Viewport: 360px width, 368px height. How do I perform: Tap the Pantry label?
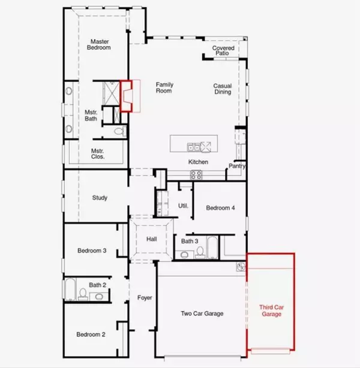pyautogui.click(x=235, y=166)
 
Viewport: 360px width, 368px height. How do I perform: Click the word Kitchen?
pyautogui.click(x=198, y=162)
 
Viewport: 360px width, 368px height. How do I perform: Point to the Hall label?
pyautogui.click(x=152, y=239)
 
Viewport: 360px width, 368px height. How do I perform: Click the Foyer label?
pyautogui.click(x=144, y=297)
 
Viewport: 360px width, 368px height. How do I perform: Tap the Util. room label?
pyautogui.click(x=184, y=206)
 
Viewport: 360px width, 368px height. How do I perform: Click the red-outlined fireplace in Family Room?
pyautogui.click(x=127, y=96)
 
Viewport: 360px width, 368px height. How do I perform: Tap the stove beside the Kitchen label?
pyautogui.click(x=196, y=174)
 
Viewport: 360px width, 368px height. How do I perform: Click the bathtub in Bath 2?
pyautogui.click(x=70, y=289)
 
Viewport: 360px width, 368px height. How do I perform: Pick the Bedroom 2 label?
pyautogui.click(x=91, y=334)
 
